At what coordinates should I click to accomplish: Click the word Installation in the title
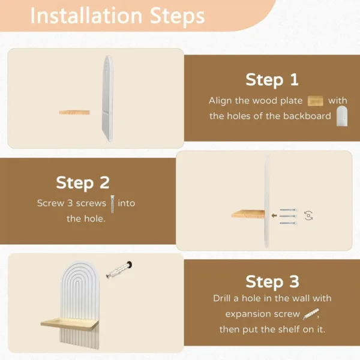click(86, 16)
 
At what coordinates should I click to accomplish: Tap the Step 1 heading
click(272, 80)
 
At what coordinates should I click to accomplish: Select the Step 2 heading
click(83, 183)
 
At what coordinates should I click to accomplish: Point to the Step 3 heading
click(272, 281)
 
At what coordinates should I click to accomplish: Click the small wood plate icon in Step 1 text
click(315, 101)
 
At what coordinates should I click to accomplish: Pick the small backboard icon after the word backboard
click(342, 116)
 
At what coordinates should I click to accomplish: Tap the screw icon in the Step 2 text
click(112, 204)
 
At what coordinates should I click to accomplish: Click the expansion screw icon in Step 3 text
click(311, 314)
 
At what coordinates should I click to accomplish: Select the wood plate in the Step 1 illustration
click(74, 112)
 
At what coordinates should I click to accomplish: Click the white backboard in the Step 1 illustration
click(107, 98)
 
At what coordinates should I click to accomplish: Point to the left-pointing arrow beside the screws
click(274, 215)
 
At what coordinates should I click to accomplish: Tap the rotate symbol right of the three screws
click(308, 216)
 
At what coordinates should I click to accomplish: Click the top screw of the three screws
click(289, 210)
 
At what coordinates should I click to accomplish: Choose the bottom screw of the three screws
click(289, 223)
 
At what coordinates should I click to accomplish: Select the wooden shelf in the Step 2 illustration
click(248, 214)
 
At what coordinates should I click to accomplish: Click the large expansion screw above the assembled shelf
click(119, 269)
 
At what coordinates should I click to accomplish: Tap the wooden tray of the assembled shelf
click(70, 324)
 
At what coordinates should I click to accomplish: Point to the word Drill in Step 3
click(221, 298)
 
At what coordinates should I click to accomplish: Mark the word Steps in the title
click(177, 17)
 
